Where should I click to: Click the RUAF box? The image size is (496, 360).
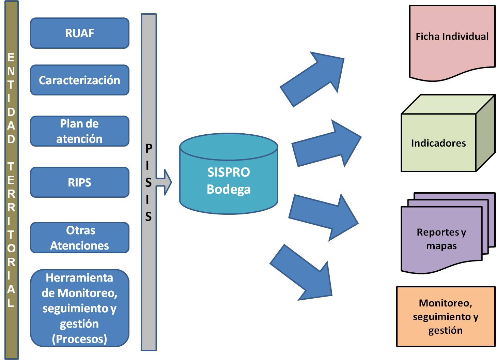(80, 33)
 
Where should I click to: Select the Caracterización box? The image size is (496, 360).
(80, 80)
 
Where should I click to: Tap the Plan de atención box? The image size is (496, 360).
(80, 131)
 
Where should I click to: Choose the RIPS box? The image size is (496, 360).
(80, 182)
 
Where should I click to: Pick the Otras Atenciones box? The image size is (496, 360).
(80, 238)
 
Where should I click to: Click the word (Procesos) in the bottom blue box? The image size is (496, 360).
(79, 339)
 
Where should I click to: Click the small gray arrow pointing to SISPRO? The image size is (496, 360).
(165, 182)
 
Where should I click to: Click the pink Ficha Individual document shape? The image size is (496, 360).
(452, 41)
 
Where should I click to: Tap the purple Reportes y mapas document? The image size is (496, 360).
(441, 239)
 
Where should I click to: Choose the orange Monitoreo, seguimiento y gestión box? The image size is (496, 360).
(446, 316)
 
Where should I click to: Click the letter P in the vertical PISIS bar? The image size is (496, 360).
(149, 148)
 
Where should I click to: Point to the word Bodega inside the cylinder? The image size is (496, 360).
(229, 189)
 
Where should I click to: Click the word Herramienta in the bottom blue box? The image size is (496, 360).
(79, 278)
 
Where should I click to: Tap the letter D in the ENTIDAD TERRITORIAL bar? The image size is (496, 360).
(11, 112)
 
